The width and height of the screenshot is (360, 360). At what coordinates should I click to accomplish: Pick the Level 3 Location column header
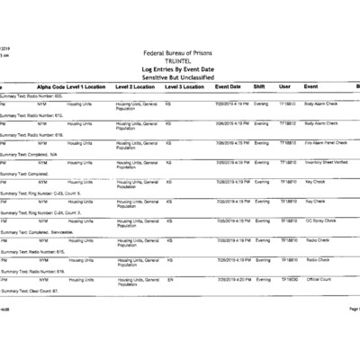(x=185, y=86)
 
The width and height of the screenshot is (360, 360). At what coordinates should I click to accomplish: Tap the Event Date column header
(x=228, y=86)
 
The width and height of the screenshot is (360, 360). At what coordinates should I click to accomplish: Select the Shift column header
(x=259, y=86)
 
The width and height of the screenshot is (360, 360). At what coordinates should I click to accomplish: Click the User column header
(x=284, y=86)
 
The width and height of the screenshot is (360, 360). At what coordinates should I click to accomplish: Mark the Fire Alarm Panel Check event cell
(x=323, y=143)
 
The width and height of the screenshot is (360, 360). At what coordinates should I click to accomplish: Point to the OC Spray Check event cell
(x=320, y=220)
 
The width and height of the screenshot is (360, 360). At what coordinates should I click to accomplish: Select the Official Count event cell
(x=319, y=279)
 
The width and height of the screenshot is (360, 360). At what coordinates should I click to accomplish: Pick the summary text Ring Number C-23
(x=40, y=193)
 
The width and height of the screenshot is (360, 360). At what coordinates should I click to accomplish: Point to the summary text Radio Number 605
(x=31, y=94)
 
